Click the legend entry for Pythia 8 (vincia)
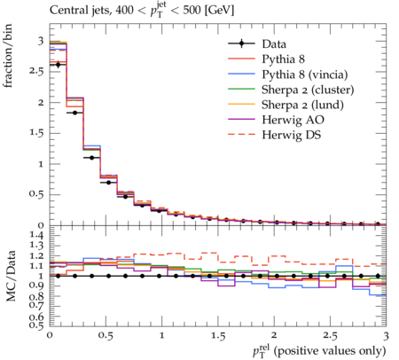coord(305,74)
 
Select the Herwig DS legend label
coord(292,135)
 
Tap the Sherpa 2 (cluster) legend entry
coord(308,90)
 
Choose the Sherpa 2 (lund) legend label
coord(302,105)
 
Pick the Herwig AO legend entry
coord(293,120)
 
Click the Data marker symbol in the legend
coord(241,43)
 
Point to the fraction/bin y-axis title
coord(8,56)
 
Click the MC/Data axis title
coord(11,276)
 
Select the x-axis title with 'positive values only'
coord(319,351)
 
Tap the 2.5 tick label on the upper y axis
coord(36,72)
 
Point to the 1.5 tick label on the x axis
coord(218,336)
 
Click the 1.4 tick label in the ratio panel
coord(36,235)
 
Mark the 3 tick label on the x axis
coord(386,336)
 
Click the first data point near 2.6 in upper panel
coord(58,65)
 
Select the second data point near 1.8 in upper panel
coord(74,113)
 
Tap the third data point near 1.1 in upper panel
coord(91,158)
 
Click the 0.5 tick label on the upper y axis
coord(36,194)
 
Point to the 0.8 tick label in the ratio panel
coord(36,296)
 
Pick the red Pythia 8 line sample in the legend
coord(241,59)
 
